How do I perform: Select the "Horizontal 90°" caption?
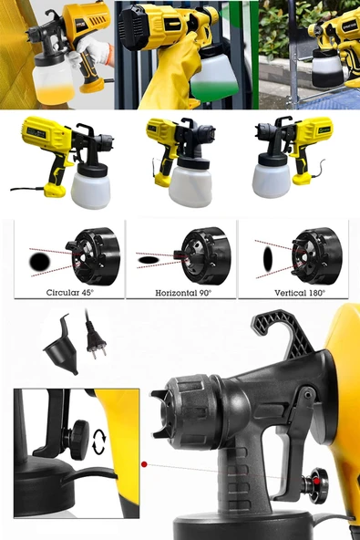(x=180, y=293)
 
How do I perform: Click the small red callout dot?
(x=144, y=464)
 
